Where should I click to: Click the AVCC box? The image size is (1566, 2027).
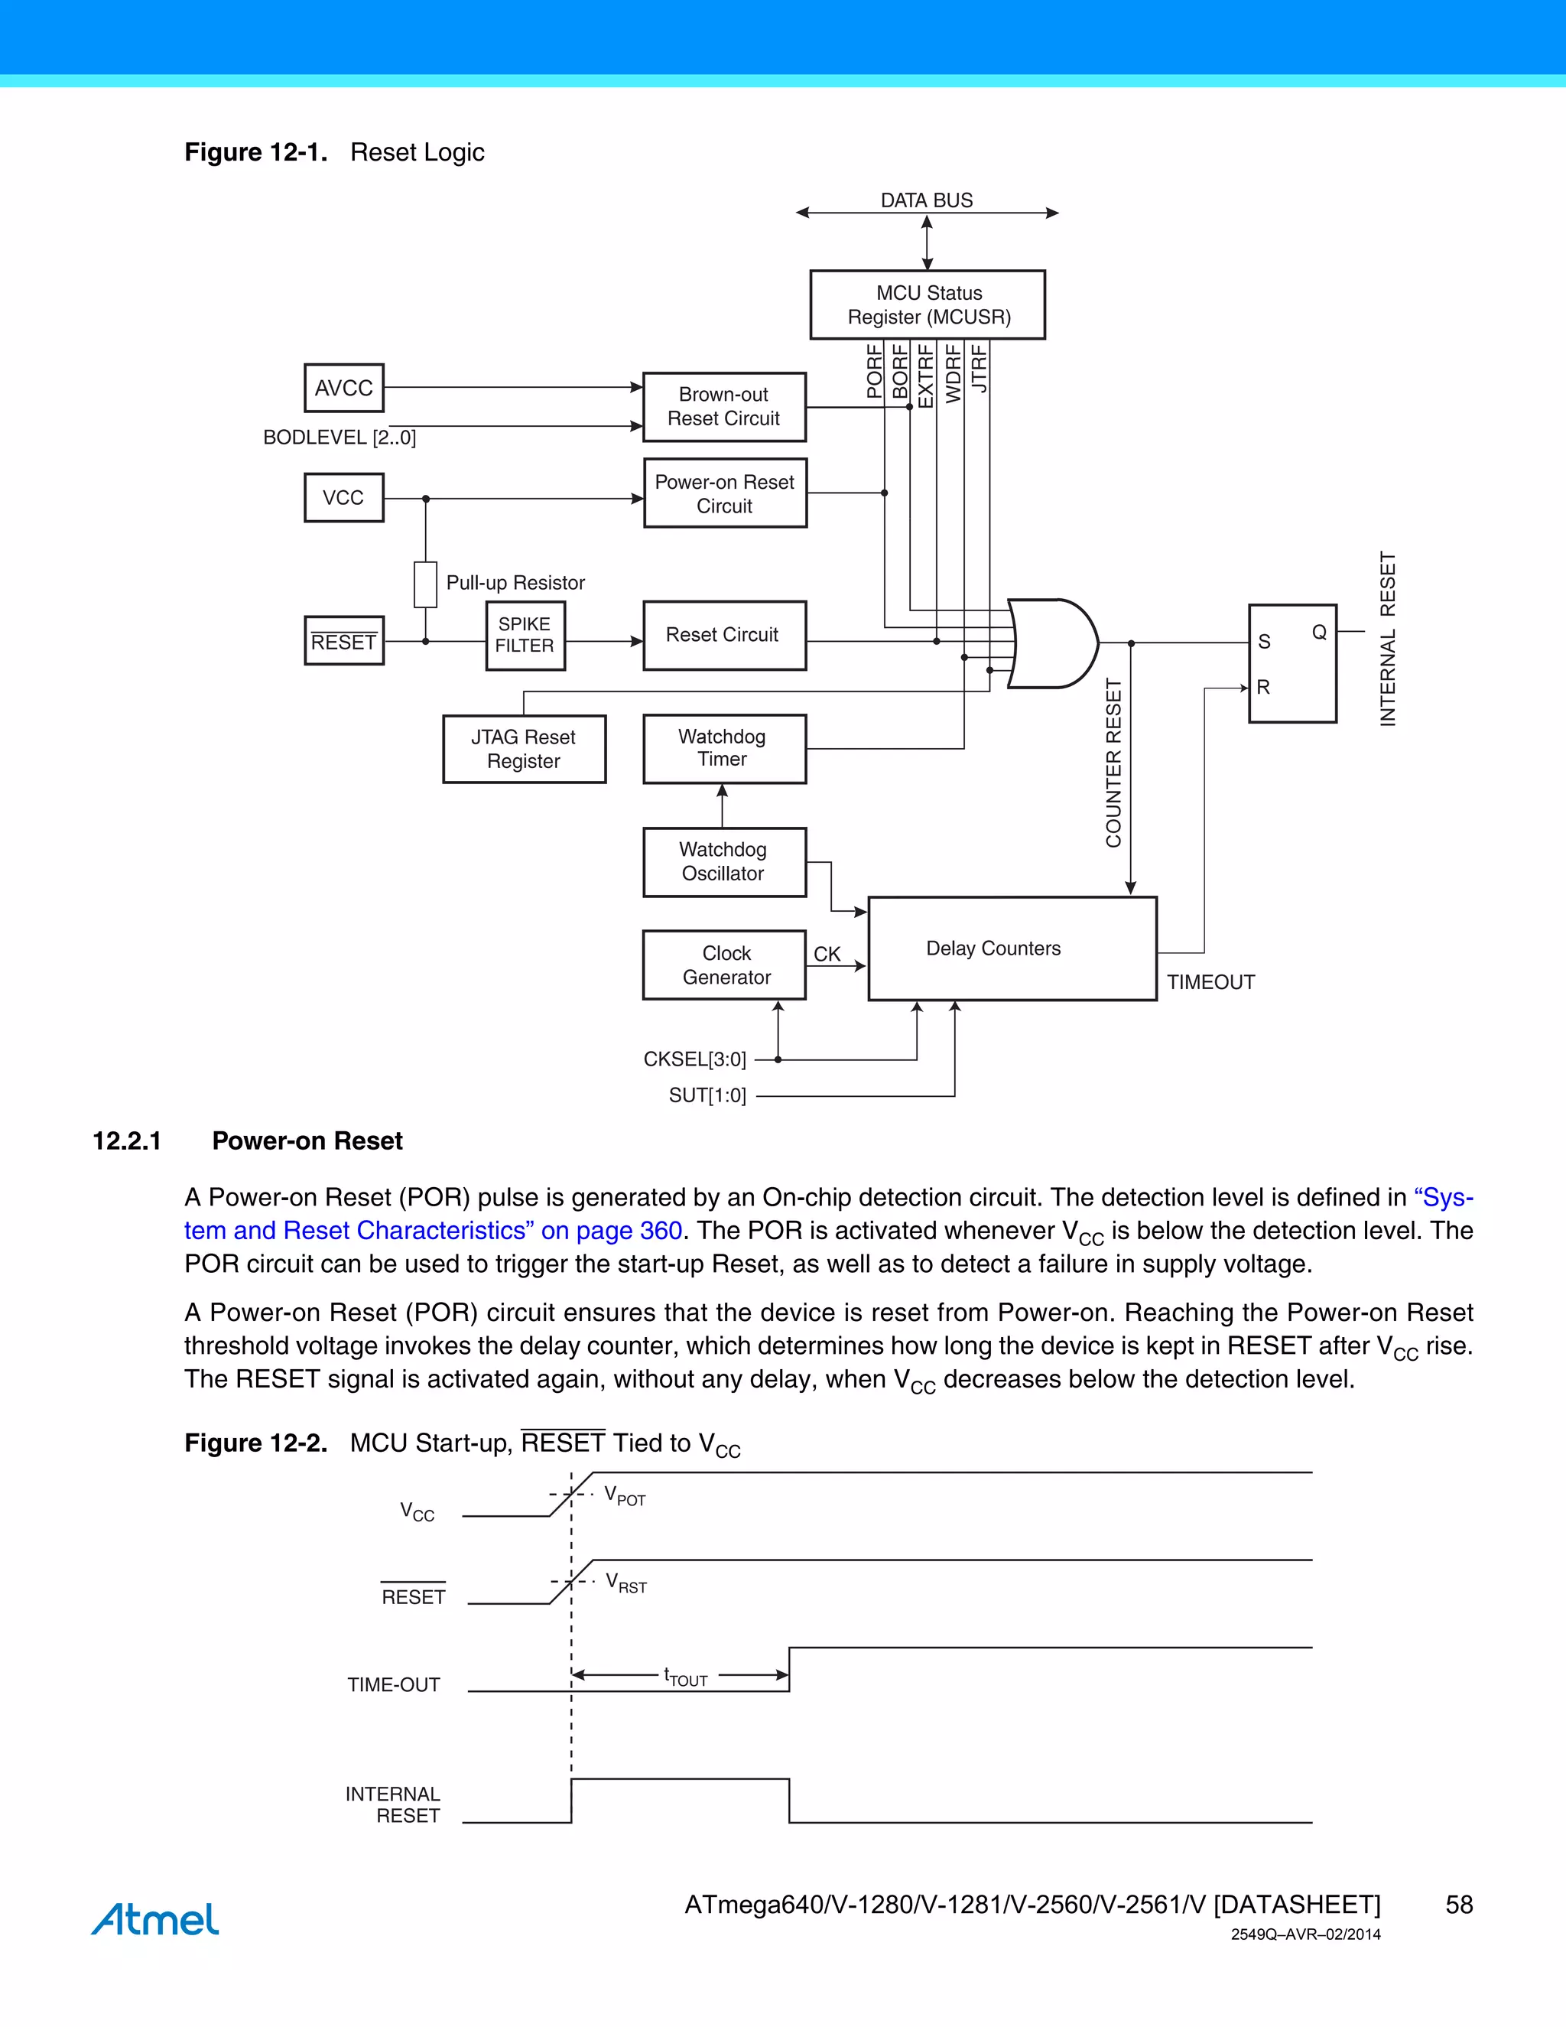(343, 388)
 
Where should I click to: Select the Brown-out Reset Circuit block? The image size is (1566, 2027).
(723, 406)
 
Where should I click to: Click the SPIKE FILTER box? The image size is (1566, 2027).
(525, 635)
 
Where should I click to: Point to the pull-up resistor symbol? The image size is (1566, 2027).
(426, 584)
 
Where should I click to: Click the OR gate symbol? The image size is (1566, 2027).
(1052, 643)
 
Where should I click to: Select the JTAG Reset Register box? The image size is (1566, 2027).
(524, 749)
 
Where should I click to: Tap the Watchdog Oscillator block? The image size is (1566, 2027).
(723, 861)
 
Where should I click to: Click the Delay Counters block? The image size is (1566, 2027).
(1011, 948)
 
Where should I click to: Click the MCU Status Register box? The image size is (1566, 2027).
(928, 304)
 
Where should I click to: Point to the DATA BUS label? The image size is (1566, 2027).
(926, 200)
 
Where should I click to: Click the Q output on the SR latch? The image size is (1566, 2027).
(1318, 632)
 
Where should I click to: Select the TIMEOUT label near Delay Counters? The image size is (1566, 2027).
(1210, 982)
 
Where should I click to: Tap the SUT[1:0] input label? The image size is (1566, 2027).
(707, 1095)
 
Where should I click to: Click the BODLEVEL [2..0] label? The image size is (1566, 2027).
(340, 437)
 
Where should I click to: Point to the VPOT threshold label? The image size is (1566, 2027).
(625, 1495)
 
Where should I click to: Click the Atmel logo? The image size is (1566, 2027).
(155, 1918)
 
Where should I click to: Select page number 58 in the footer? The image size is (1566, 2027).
(1458, 1905)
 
